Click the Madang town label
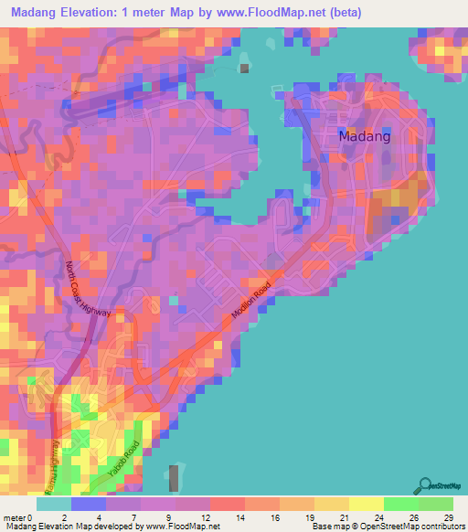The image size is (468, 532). (x=365, y=136)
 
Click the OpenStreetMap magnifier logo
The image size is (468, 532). (x=425, y=485)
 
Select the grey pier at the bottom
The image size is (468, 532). (x=174, y=478)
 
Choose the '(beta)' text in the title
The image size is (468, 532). (x=343, y=13)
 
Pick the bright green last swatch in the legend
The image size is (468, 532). (x=435, y=504)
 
